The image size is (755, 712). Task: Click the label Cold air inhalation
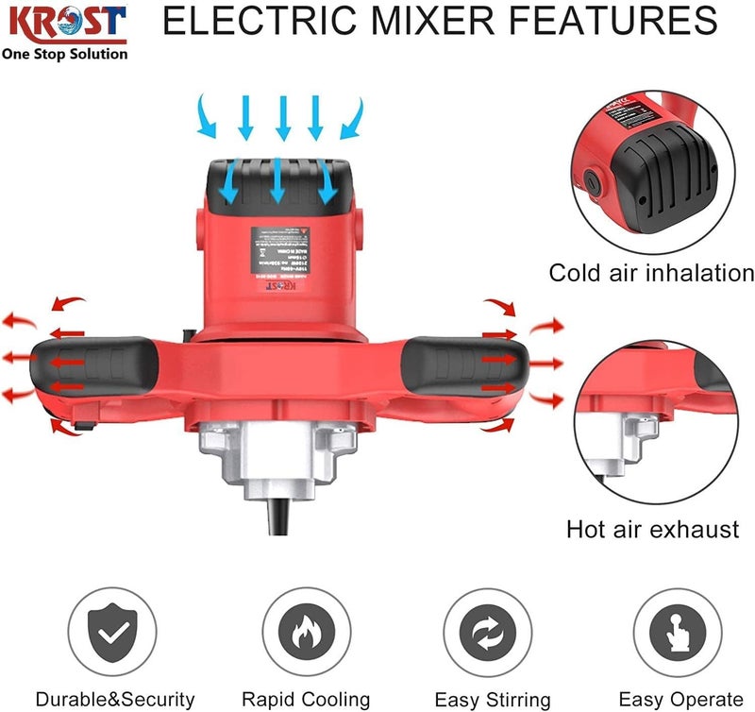[651, 274]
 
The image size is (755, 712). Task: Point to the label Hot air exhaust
[652, 529]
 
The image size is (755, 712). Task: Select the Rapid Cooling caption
[306, 700]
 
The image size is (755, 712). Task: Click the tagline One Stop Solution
[65, 54]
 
